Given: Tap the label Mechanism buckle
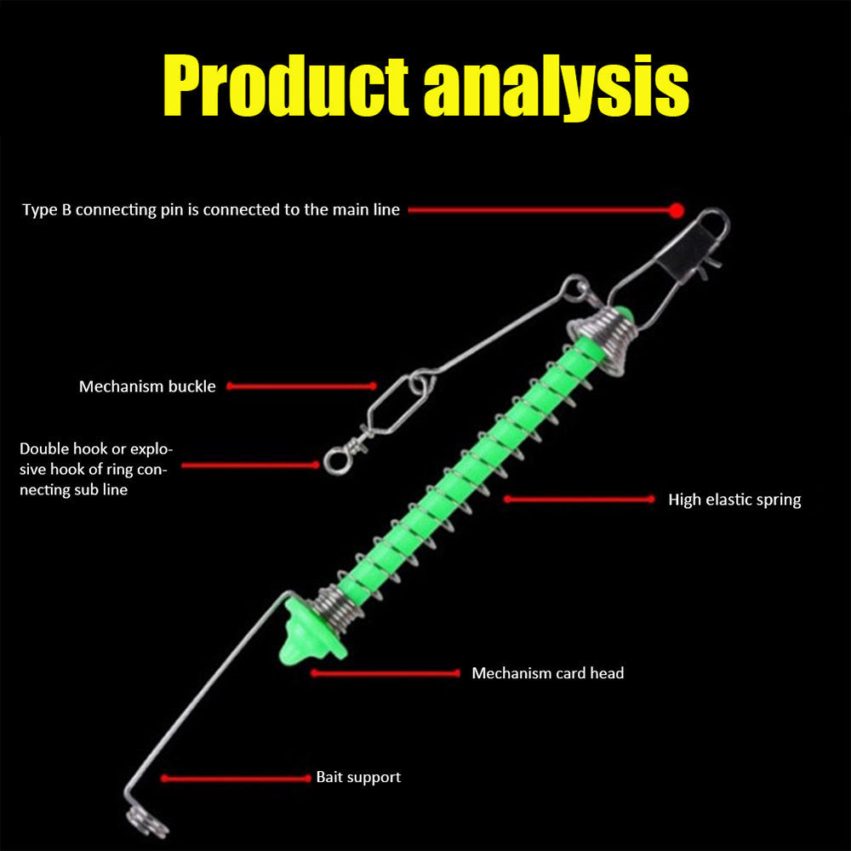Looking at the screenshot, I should tap(147, 386).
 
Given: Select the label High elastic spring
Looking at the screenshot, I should tap(734, 500).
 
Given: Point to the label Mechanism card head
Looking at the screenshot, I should tap(547, 673).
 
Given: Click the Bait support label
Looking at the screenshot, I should tap(358, 777).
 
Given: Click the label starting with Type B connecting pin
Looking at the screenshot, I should tap(210, 209).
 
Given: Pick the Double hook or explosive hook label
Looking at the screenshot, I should tap(94, 469).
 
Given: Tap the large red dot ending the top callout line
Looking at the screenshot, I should tap(677, 209).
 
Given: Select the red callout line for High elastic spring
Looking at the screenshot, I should tap(580, 500).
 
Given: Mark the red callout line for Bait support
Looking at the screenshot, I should tap(236, 778).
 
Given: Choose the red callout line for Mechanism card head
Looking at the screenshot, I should tap(385, 673).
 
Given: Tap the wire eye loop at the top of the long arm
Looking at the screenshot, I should tap(578, 287).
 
